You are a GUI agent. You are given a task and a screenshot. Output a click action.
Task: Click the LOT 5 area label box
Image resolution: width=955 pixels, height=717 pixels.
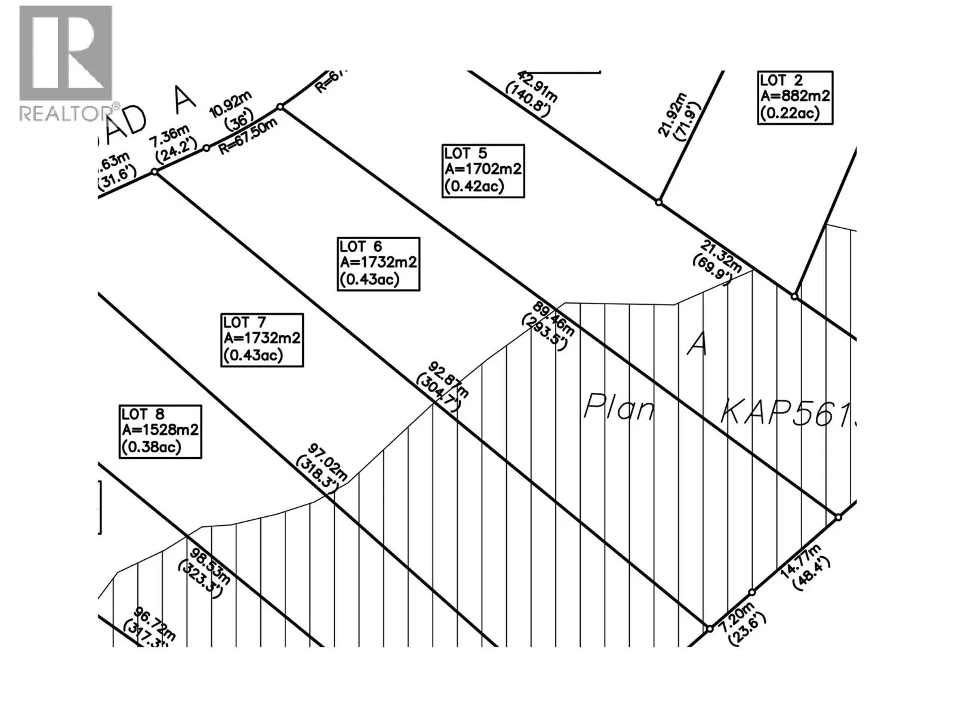pos(483,170)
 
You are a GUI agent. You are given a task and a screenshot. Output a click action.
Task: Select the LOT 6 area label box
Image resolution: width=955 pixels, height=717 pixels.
pos(378,263)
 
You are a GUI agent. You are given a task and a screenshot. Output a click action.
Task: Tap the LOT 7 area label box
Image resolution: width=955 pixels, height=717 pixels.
pos(262,339)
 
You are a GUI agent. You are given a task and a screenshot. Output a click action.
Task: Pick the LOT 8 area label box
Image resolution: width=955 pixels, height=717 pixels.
pos(160,431)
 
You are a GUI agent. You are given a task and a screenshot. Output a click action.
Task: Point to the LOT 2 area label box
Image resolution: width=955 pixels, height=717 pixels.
pos(795,97)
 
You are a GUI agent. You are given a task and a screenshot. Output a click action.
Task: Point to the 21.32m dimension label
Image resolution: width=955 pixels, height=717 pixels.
pos(719,261)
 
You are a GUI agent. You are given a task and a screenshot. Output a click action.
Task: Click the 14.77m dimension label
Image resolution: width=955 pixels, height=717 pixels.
pos(803,568)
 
